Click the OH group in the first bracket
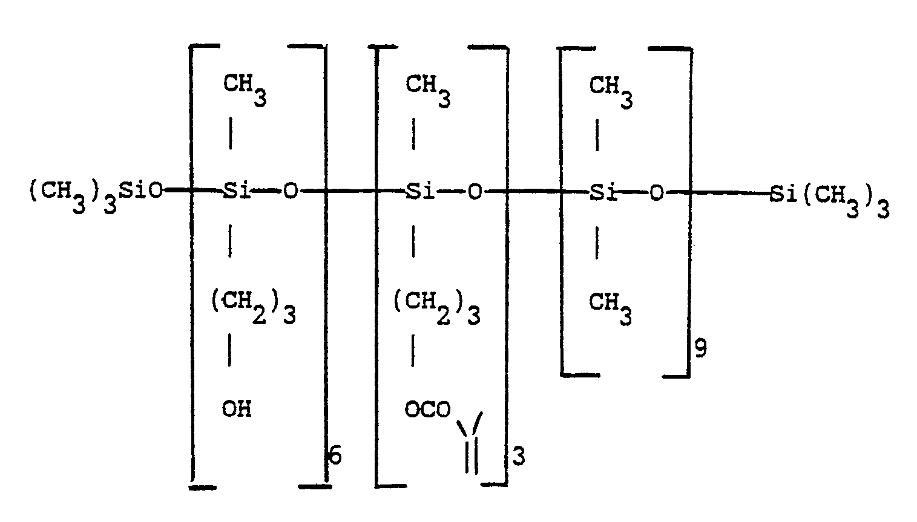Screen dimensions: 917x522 [x=237, y=409]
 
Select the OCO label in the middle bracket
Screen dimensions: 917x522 [x=428, y=409]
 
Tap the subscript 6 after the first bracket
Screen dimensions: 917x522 [x=335, y=455]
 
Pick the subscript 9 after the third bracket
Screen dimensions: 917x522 [x=701, y=348]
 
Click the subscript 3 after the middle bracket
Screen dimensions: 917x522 [x=519, y=456]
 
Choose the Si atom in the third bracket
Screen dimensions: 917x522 [x=603, y=192]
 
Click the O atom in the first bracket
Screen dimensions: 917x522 [x=291, y=191]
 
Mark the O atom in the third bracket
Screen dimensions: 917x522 [x=657, y=193]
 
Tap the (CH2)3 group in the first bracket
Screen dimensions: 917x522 [x=254, y=307]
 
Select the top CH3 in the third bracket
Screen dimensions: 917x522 [x=611, y=92]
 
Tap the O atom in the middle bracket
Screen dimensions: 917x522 [x=475, y=192]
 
